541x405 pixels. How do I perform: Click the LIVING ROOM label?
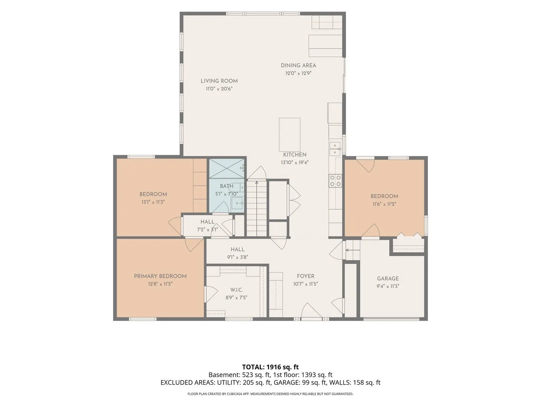click(x=219, y=81)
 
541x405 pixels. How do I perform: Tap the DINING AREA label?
click(x=298, y=65)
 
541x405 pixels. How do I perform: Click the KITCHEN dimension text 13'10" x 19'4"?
click(x=295, y=162)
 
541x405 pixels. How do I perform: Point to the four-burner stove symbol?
click(x=335, y=181)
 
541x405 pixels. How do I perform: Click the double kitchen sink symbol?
click(x=335, y=149)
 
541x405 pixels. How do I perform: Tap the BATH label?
click(x=226, y=186)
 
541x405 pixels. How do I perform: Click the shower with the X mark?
click(x=227, y=168)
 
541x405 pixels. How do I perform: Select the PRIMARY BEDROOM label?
click(x=160, y=276)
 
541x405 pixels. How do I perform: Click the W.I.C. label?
click(x=236, y=290)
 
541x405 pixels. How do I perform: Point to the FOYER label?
click(x=305, y=276)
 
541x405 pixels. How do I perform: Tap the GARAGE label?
click(x=388, y=279)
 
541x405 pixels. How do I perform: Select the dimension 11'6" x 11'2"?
click(x=384, y=204)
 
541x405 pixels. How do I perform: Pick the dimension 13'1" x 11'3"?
click(x=153, y=202)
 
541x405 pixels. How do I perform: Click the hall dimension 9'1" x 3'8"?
click(x=237, y=257)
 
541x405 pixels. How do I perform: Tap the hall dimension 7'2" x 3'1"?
click(x=207, y=229)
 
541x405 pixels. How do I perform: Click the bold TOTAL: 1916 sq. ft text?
click(x=270, y=367)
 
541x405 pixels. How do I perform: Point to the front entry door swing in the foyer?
click(x=311, y=310)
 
